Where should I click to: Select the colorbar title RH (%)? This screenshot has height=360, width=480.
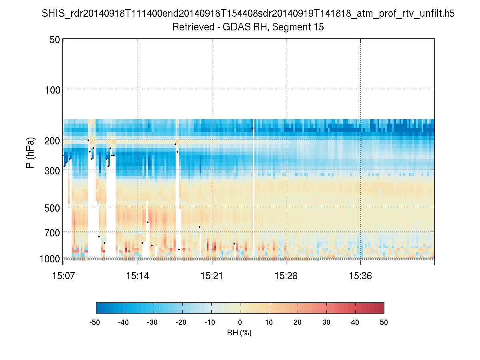[240, 333]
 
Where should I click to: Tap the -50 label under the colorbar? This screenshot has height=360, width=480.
[95, 322]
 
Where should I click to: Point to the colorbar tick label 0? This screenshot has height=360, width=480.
[240, 322]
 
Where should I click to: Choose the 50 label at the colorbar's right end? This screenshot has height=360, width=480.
[384, 322]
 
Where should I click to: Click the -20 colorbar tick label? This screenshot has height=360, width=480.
[181, 322]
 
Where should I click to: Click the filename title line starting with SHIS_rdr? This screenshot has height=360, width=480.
[248, 14]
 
